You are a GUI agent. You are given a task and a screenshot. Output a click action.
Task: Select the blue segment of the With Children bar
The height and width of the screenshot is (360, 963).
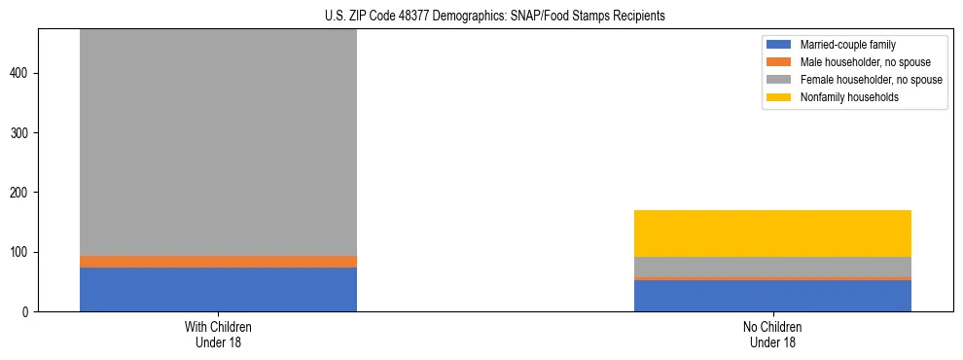tap(218, 289)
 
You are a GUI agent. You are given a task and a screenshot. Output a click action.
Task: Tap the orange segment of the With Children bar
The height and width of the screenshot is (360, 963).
tap(218, 261)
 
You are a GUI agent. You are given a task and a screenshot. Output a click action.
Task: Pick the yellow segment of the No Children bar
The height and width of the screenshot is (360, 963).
tap(772, 234)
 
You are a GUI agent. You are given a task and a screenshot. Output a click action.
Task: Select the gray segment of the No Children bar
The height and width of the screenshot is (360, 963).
tap(772, 267)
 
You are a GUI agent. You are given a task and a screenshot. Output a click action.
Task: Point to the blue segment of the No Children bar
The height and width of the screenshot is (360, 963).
tap(772, 296)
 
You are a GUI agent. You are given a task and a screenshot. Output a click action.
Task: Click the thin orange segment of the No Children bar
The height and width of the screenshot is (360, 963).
tap(772, 278)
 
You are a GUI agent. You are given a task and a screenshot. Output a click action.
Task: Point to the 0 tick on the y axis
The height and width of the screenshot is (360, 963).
tap(26, 312)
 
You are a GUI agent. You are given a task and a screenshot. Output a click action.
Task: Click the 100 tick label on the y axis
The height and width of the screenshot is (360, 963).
tap(20, 252)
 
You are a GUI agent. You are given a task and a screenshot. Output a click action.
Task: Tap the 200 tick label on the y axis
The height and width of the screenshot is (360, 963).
tap(20, 193)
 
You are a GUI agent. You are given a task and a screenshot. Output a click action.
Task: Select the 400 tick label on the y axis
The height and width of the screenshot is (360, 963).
tap(20, 73)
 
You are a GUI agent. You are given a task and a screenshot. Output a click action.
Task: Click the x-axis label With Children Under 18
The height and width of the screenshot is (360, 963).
tap(218, 334)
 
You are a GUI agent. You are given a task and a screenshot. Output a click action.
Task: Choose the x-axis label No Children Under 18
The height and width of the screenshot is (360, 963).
tap(772, 334)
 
